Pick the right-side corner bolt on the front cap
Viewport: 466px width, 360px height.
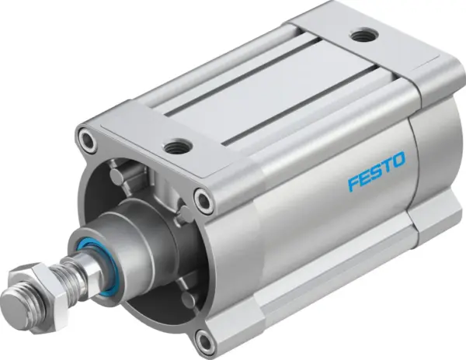coord(204,201)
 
